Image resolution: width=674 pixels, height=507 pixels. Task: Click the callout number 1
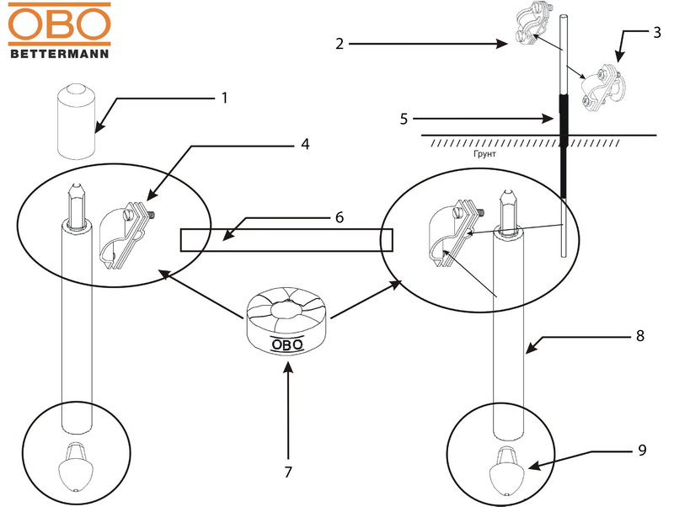(x=225, y=98)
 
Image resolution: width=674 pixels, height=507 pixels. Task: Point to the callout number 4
(x=305, y=144)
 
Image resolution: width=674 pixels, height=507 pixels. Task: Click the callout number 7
(x=288, y=472)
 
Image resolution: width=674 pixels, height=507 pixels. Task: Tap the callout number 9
(x=642, y=451)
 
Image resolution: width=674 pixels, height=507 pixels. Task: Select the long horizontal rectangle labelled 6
(x=286, y=239)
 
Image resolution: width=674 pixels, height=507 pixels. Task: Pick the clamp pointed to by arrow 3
(x=604, y=85)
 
